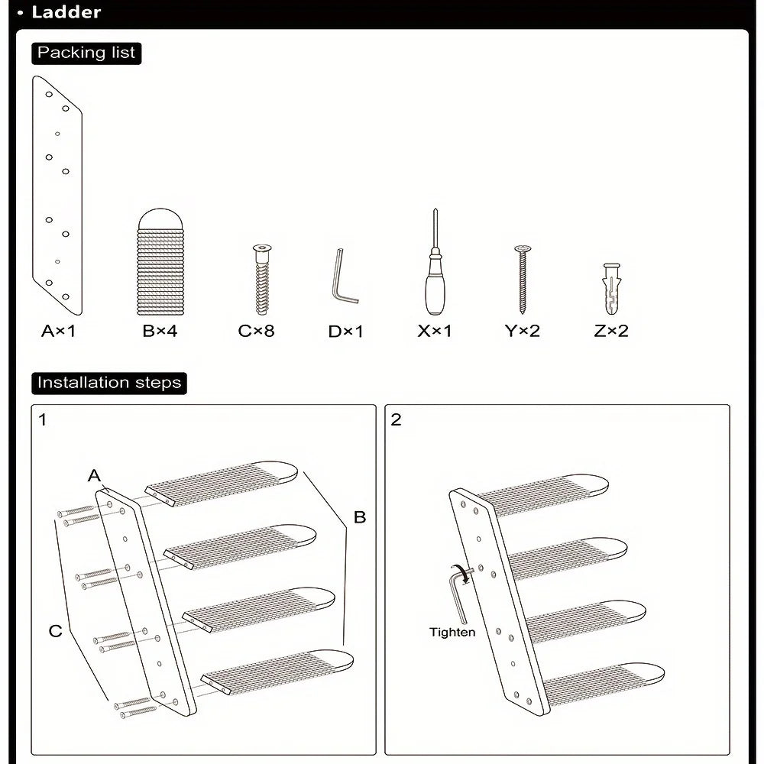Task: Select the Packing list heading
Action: click(x=86, y=53)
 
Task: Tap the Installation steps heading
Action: click(x=109, y=383)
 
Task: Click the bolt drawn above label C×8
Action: click(x=262, y=280)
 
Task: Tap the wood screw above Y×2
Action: click(x=523, y=280)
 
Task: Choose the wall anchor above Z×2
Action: click(x=610, y=290)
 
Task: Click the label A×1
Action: click(x=59, y=332)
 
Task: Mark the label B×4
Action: click(x=160, y=332)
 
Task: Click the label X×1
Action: click(x=435, y=332)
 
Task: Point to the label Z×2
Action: click(x=610, y=332)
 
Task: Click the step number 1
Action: click(x=43, y=419)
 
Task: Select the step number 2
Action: click(x=396, y=419)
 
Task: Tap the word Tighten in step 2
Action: click(x=452, y=632)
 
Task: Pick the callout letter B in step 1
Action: click(x=359, y=517)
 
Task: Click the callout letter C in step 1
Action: click(x=55, y=631)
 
